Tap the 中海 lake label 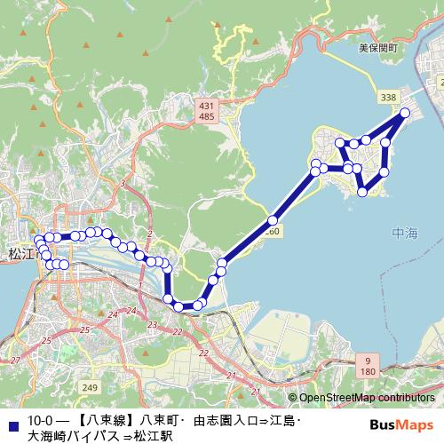point(404,234)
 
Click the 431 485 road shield point(208,111)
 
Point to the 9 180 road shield point(369,364)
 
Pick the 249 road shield point(89,388)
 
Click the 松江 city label point(18,255)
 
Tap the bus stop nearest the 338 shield point(405,113)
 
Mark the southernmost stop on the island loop point(363,192)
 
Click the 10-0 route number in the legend point(42,419)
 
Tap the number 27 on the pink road point(15,361)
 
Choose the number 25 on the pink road point(84,329)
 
